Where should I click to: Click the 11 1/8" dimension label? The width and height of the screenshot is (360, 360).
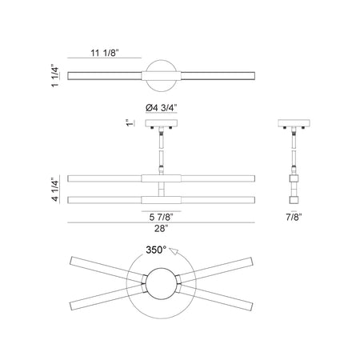coord(104,53)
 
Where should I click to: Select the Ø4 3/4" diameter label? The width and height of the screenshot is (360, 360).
coord(162,108)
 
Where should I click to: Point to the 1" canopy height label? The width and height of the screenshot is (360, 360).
coord(130,123)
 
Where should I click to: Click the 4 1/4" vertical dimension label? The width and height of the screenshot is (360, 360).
coord(55,189)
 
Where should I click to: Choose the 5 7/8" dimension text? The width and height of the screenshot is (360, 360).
coord(162,217)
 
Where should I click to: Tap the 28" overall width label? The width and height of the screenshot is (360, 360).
coord(162,229)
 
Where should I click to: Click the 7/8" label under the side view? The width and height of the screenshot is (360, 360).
coord(294,217)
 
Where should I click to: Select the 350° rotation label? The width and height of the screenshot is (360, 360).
coord(156,250)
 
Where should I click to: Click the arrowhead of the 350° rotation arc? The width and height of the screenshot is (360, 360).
coord(174,251)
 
